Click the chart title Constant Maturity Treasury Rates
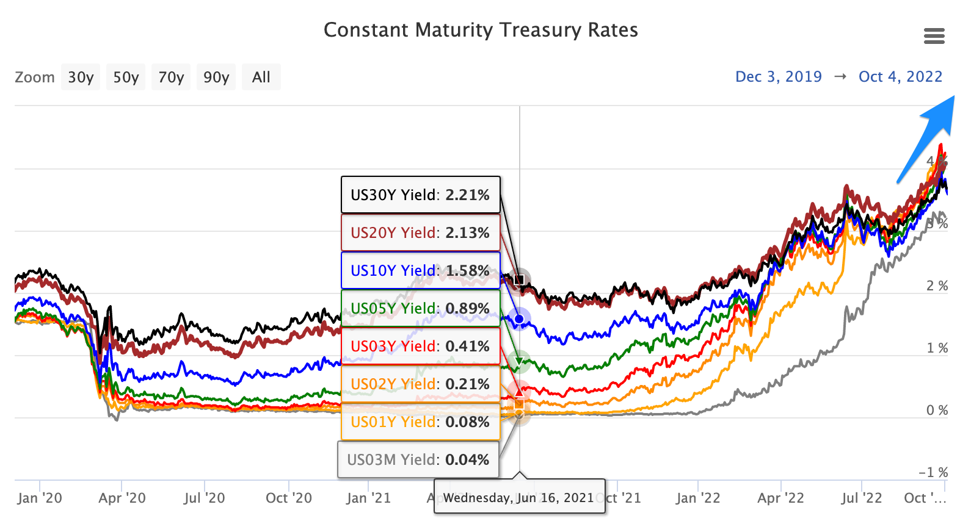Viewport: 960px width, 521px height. coord(481,30)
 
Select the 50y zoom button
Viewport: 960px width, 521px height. coord(126,77)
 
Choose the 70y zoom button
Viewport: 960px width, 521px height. coord(171,77)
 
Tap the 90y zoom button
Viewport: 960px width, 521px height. coord(216,77)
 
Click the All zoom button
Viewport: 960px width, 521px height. coord(261,77)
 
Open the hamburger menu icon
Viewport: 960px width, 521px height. coord(934,37)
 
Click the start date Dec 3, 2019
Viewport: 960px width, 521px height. coord(778,77)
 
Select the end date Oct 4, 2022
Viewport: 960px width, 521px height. coord(900,77)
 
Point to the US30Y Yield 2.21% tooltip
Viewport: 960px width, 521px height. coord(420,195)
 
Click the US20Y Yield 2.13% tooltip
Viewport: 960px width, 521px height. coord(420,233)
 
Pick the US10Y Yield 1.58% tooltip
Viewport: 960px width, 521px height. coord(420,271)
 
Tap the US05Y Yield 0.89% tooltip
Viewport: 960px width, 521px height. coord(420,309)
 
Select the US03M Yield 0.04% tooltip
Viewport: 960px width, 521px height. coord(418,460)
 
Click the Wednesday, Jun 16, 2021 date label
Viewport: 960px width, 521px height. coord(519,498)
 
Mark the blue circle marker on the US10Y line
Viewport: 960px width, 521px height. coord(519,319)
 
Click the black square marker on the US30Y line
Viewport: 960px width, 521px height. coord(520,280)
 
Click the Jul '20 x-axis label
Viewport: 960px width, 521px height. coord(204,498)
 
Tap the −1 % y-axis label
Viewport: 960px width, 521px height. coord(933,472)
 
